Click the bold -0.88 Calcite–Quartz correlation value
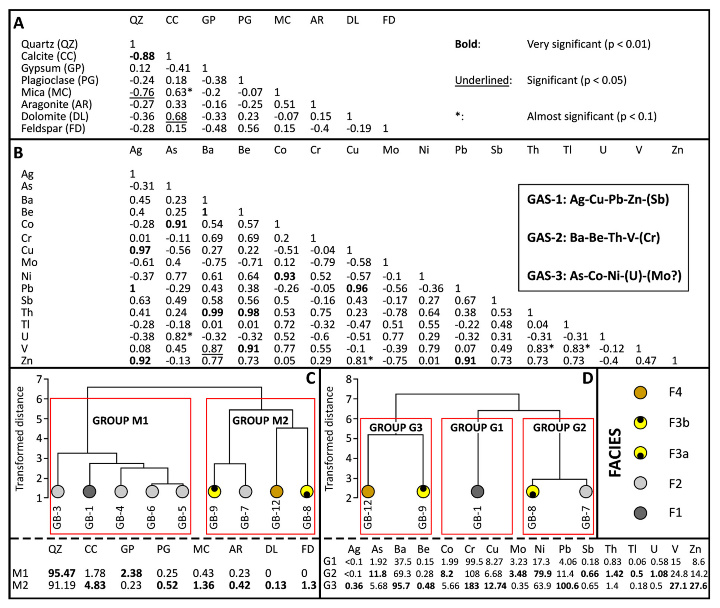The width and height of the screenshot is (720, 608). [142, 56]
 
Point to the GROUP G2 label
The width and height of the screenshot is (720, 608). [560, 428]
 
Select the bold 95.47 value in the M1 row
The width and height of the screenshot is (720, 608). [62, 573]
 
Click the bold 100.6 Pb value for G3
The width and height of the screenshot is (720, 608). [567, 586]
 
